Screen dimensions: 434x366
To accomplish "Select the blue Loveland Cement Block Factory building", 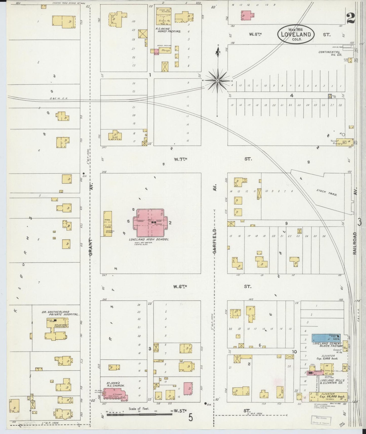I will pyautogui.click(x=326, y=338).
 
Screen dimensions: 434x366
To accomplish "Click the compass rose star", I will pyautogui.click(x=217, y=81).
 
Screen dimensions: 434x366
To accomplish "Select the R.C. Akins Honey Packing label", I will pyautogui.click(x=168, y=30).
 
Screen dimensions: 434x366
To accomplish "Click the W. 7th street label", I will pyautogui.click(x=180, y=159).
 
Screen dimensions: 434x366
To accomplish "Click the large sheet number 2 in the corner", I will pyautogui.click(x=351, y=18).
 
